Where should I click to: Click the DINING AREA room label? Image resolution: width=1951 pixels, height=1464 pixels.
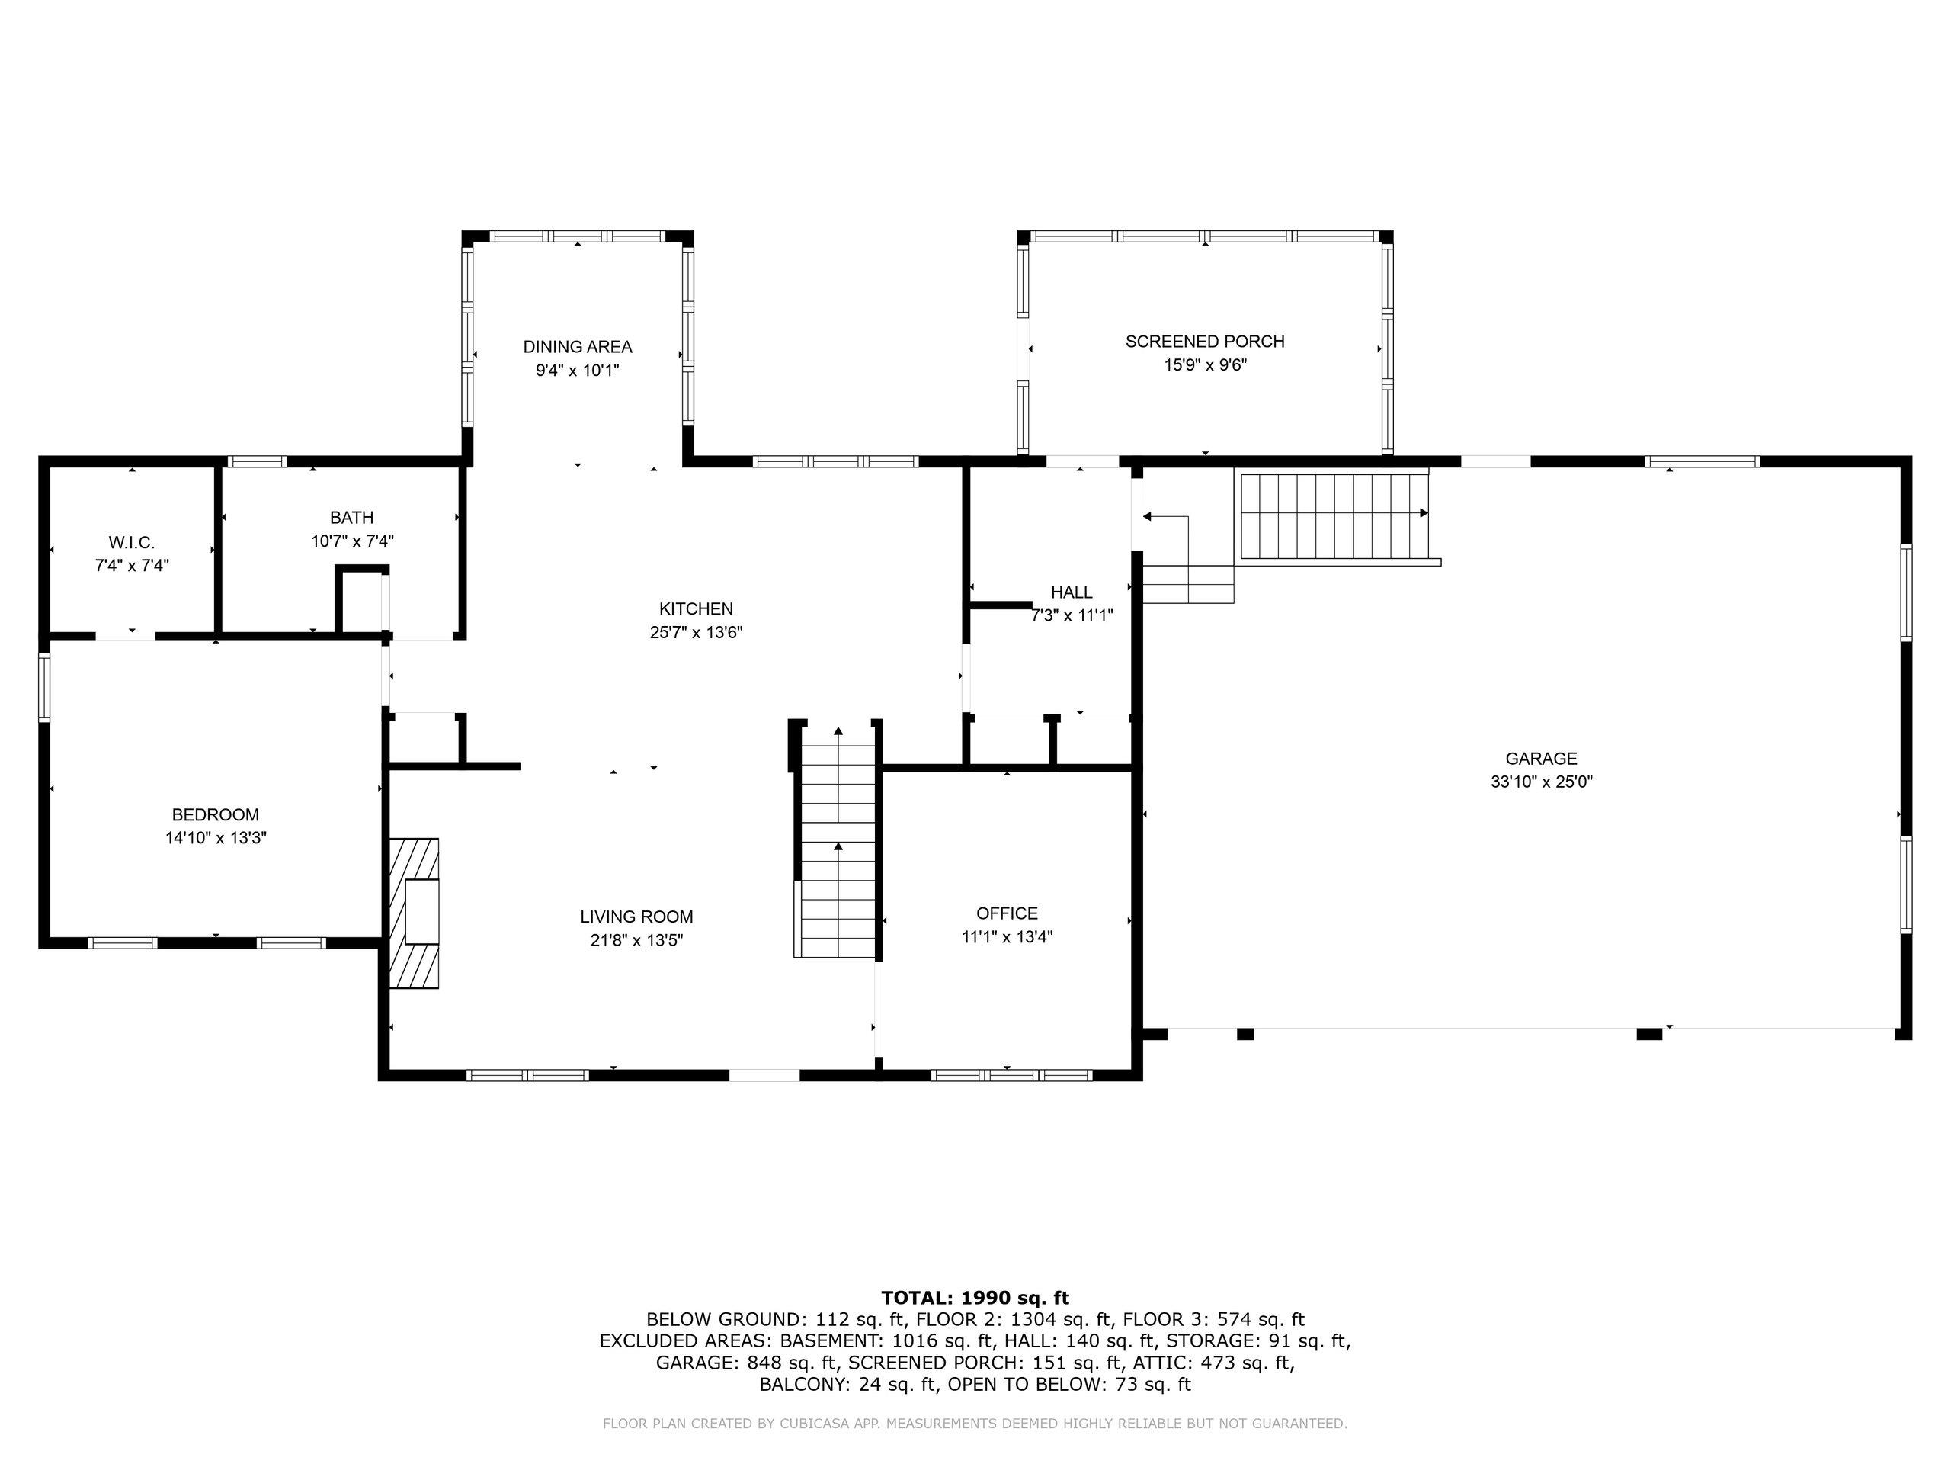(578, 347)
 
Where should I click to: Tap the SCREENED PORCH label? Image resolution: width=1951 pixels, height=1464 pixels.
(1205, 342)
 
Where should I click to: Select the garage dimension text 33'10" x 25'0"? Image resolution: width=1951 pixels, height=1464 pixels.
(1542, 781)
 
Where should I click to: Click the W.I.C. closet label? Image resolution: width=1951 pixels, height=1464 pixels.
(131, 543)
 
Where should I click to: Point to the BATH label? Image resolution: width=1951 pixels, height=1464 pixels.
(352, 518)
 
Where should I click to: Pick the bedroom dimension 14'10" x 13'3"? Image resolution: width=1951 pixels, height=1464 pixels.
(216, 837)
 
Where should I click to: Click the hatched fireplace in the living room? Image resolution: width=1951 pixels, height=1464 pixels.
(415, 913)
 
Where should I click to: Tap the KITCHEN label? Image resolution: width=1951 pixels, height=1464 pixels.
(696, 609)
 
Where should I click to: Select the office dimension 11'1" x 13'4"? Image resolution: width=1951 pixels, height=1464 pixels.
(1008, 936)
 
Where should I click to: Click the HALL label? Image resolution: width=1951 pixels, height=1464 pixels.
(1072, 592)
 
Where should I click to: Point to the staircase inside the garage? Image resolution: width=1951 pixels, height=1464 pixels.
(1335, 517)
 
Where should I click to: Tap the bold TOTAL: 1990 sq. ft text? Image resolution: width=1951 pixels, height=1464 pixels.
(975, 1297)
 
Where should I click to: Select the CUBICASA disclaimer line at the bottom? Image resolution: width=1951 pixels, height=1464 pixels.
(975, 1423)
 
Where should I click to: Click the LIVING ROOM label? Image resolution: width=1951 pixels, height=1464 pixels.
(637, 917)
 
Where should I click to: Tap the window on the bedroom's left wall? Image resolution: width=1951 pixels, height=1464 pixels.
(44, 688)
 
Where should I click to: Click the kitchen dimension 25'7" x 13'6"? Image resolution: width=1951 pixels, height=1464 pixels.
(696, 632)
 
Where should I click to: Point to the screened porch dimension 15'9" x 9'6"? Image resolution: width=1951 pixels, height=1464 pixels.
(1205, 364)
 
